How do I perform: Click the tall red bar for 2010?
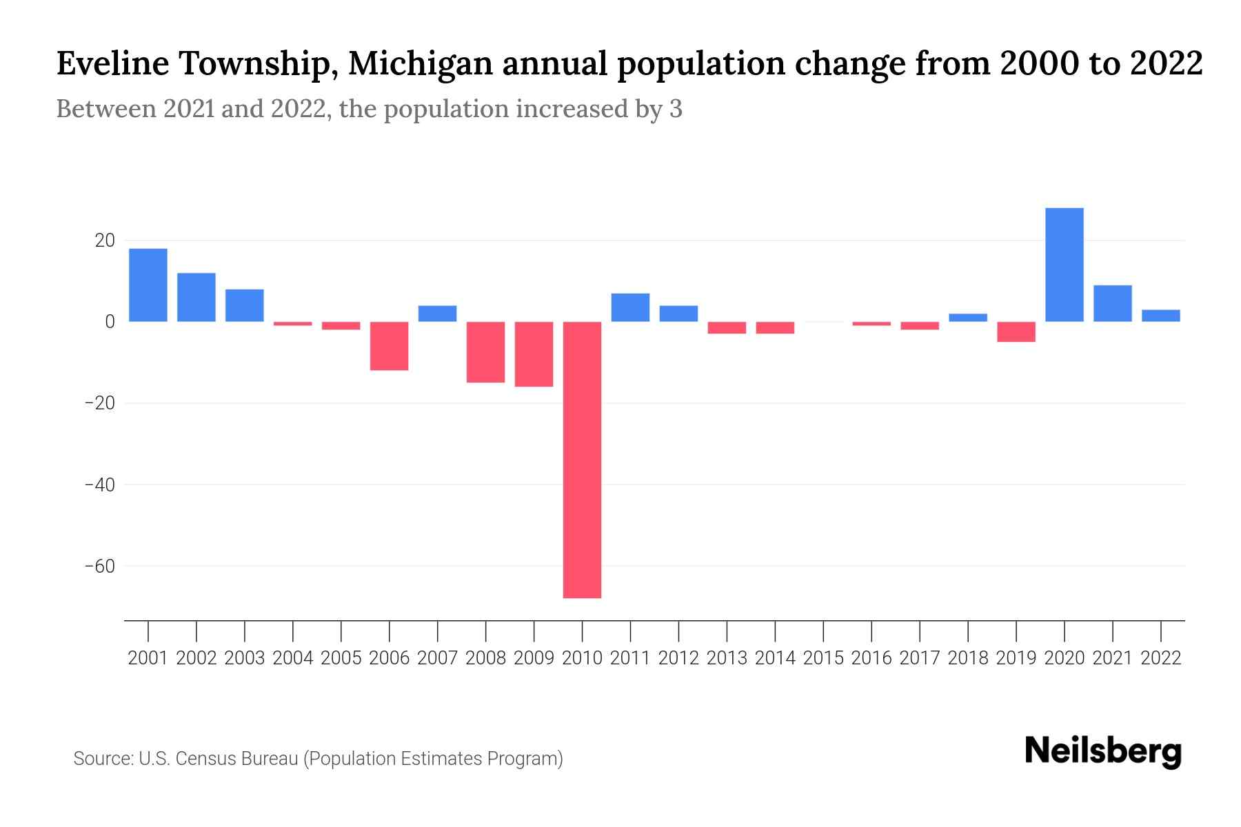[582, 460]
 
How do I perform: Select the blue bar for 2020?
[1064, 265]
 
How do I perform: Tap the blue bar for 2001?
[148, 285]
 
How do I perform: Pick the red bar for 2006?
[389, 346]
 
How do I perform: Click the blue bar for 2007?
[437, 314]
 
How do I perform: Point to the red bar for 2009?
[534, 354]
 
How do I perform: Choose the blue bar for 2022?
[1160, 316]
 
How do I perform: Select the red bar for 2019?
[1016, 331]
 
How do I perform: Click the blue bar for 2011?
[630, 307]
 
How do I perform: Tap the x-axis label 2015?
[823, 658]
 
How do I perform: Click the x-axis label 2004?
[293, 658]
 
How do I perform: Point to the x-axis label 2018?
[968, 658]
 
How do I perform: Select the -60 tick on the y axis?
[99, 566]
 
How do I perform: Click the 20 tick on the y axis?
[105, 241]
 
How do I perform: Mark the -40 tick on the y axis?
[99, 485]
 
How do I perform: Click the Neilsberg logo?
[1103, 751]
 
